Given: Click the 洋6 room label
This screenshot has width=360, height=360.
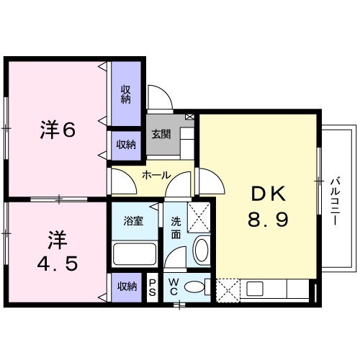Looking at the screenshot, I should click(x=57, y=130).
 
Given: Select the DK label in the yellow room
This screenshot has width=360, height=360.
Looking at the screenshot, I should click(x=269, y=194).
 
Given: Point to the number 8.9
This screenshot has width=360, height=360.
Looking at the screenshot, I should click(x=269, y=219).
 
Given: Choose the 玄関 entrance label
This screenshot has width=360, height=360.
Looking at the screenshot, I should click(x=161, y=134).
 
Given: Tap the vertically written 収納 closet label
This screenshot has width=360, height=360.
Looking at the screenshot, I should click(x=125, y=94).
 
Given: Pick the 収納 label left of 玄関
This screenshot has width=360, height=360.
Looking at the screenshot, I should click(x=125, y=145).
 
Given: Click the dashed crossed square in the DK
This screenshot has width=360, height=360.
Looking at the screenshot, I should click(x=230, y=290).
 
